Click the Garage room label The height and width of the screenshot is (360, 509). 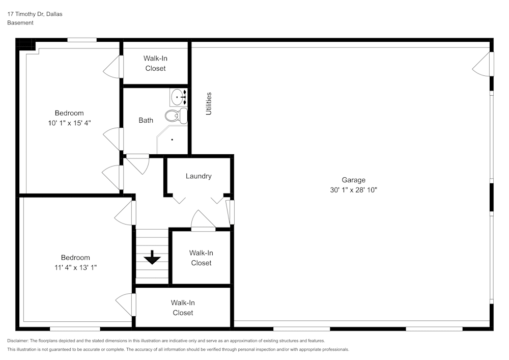pos(353,180)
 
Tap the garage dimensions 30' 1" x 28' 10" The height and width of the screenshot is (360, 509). pos(353,190)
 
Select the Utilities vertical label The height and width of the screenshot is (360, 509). pos(209,103)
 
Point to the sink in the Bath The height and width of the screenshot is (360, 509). pos(178,96)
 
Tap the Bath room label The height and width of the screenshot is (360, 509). pos(146,121)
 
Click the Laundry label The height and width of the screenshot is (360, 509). pos(199,176)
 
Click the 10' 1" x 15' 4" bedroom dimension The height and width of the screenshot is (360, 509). pos(69,123)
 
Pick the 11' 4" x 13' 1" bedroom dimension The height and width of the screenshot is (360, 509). pos(75,267)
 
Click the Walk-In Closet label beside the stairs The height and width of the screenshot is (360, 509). pos(201,258)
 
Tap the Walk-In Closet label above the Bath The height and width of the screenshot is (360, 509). pos(155,63)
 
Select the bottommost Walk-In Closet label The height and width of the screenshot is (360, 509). pos(183,308)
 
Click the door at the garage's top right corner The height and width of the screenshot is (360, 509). pos(484,64)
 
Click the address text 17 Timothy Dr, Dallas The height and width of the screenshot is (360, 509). pos(35,14)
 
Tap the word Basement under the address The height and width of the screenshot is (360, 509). pos(20,23)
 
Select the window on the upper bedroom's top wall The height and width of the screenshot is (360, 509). pos(82,40)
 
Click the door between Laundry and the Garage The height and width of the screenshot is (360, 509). pos(231,212)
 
